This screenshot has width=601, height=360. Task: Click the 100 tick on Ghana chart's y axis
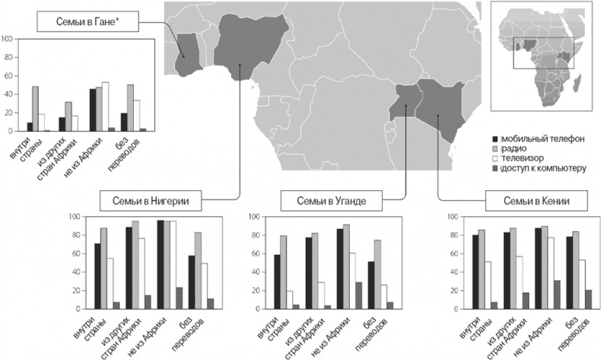8,38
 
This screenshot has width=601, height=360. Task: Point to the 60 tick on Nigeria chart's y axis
72,253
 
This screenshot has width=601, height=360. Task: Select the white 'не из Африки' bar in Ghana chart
105,107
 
